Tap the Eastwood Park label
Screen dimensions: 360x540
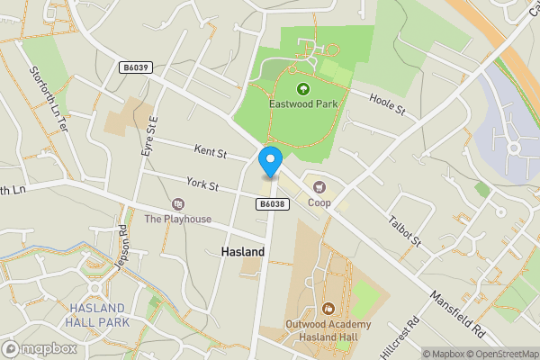302,104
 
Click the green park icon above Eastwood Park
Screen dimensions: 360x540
302,88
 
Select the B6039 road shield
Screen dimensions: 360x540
134,67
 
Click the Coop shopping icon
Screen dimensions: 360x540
319,187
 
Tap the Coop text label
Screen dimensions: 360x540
319,202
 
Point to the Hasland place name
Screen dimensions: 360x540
243,252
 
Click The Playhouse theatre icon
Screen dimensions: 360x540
177,204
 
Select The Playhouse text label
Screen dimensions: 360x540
177,219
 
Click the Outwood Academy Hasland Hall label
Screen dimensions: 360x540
327,331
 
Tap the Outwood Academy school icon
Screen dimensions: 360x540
327,309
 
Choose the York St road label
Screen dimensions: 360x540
202,184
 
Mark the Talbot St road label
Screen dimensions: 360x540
404,229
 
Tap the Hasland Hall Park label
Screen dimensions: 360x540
99,315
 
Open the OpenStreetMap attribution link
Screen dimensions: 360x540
500,354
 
